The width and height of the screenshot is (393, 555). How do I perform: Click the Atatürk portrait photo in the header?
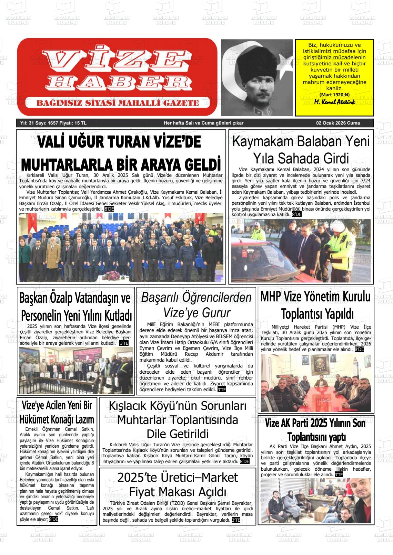(x=257, y=77)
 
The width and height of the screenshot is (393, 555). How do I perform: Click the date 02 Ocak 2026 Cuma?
(x=338, y=123)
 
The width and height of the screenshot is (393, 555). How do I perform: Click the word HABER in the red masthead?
(x=117, y=82)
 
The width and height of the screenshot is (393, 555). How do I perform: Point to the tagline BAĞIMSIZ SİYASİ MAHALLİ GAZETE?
(x=118, y=103)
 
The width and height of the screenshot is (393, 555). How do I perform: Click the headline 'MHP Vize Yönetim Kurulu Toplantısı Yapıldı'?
(x=315, y=305)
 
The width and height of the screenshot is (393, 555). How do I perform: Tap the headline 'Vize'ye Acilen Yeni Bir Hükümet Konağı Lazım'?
(x=57, y=412)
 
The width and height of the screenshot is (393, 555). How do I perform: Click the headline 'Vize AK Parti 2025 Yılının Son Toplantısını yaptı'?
(x=315, y=430)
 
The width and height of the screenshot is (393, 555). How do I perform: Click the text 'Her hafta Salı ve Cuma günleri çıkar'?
(x=203, y=123)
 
